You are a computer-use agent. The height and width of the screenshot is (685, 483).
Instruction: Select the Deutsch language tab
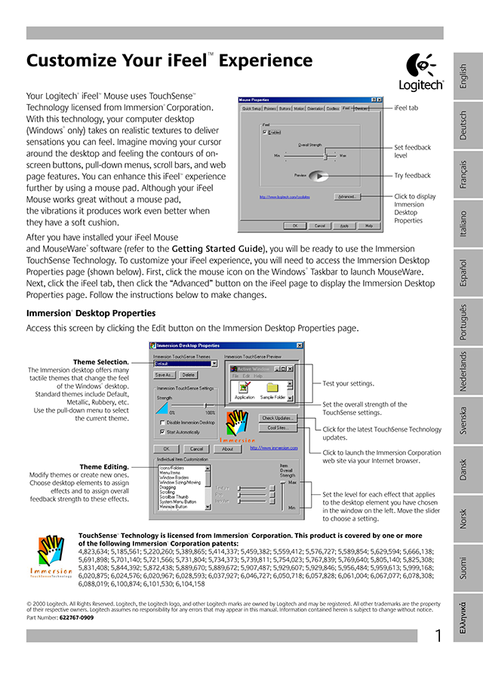coord(463,125)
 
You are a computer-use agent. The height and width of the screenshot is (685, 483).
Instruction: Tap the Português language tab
coord(463,322)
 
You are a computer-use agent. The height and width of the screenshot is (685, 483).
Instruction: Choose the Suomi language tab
coord(463,569)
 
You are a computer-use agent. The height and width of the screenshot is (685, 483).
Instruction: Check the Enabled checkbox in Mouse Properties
coord(265,132)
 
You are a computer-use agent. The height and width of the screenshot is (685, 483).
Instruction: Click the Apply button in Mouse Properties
coord(343,225)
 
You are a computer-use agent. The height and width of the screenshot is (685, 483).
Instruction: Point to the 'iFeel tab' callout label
coord(406,108)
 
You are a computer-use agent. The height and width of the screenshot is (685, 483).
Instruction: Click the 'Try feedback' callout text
coord(412,176)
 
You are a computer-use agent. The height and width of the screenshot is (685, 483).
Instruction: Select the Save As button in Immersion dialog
coord(165,374)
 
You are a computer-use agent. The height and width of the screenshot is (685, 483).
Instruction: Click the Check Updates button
coord(278,417)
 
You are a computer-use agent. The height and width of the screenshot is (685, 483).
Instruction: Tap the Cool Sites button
coord(278,428)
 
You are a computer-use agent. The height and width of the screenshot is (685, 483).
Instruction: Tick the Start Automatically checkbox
coord(163,432)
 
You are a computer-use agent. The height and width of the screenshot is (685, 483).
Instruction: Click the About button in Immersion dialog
coord(227,448)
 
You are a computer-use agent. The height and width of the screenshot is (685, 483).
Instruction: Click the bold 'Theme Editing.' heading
coord(104,467)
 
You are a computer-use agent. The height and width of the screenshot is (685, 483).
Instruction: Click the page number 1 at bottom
coord(438,637)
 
